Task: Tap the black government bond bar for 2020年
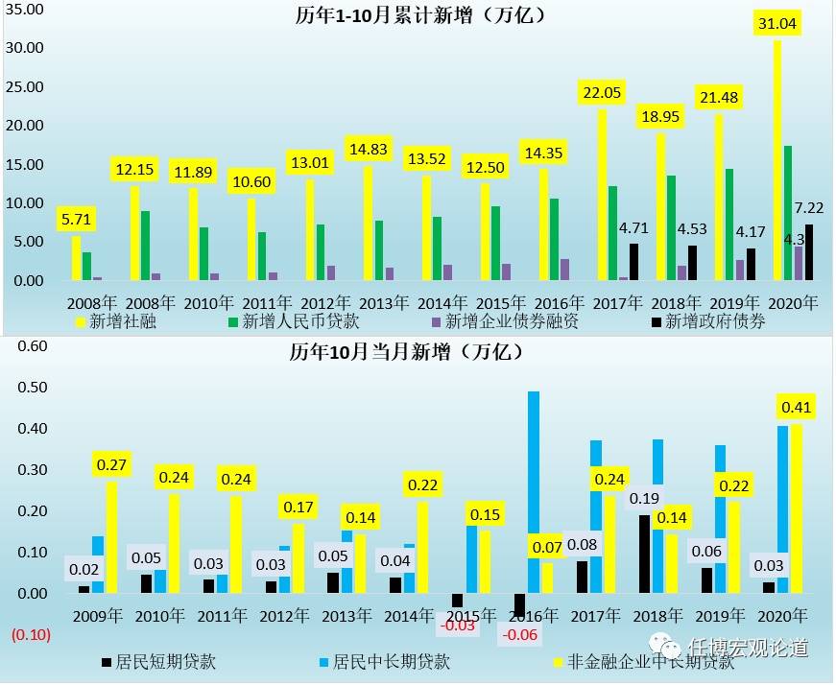[x=809, y=252]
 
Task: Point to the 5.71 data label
[x=76, y=219]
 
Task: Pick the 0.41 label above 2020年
[x=796, y=408]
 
